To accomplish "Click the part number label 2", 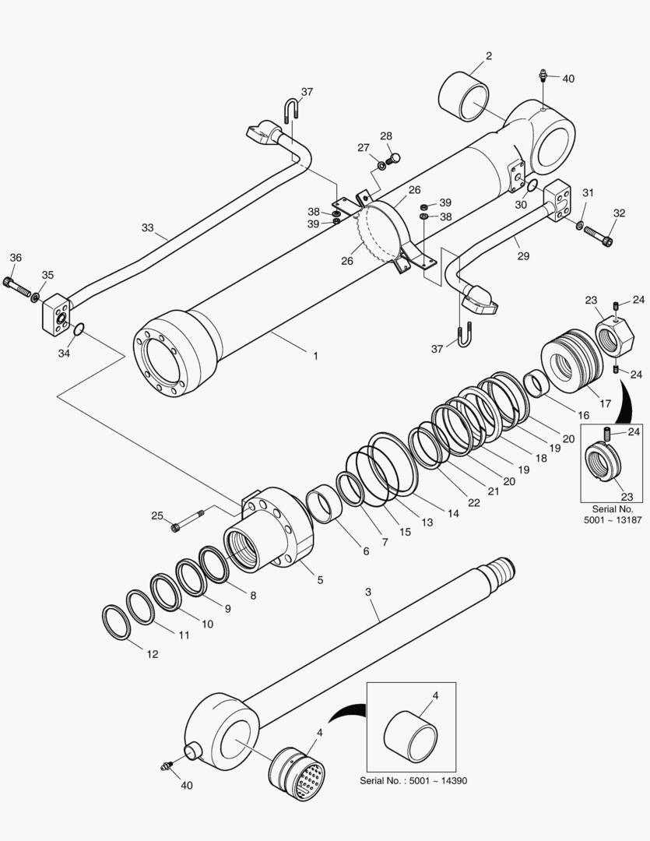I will click(488, 55).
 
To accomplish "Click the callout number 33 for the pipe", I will click(148, 228).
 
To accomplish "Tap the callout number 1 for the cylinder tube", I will click(315, 356).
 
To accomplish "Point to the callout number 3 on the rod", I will click(368, 592).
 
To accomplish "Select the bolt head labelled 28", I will click(395, 160).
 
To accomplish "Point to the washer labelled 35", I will click(37, 296).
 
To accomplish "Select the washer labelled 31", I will click(581, 226).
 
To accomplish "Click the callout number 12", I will click(153, 654).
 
